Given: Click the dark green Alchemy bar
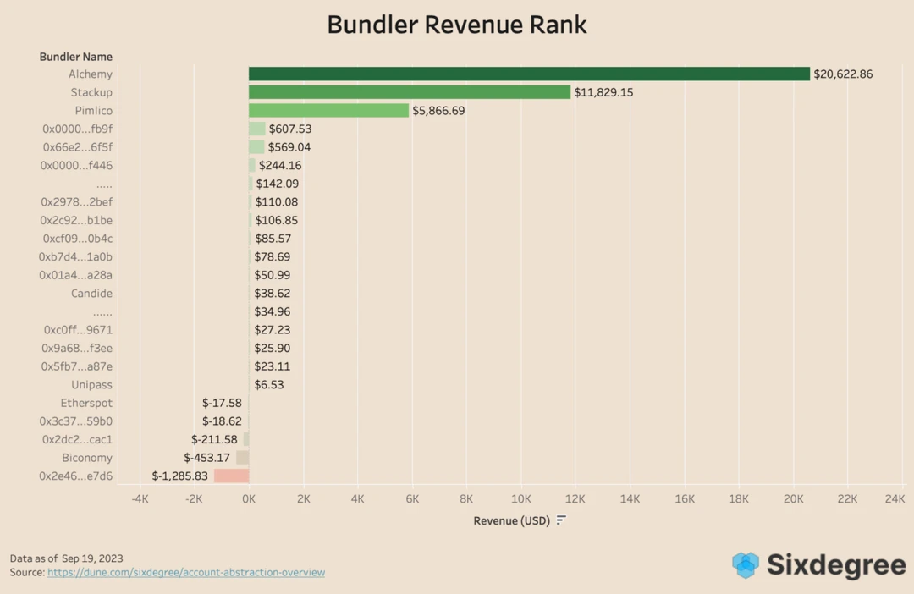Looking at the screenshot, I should point(529,74).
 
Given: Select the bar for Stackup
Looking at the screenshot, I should point(410,92).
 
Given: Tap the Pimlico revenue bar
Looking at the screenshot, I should point(328,111).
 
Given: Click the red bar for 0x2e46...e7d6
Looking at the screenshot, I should point(231,476).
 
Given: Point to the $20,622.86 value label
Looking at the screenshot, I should point(843,74).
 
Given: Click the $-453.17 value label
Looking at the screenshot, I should point(207,458).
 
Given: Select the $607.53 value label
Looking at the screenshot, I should point(289,129).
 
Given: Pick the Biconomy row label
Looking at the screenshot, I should point(87,458).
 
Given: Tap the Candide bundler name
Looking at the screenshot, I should point(91,294).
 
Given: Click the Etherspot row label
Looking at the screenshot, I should point(86,404).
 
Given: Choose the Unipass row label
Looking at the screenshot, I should point(91,385).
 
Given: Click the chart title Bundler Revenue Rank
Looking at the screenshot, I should point(457,25).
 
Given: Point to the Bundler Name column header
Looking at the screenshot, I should point(76,57).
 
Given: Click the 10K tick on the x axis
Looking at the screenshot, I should point(521,499).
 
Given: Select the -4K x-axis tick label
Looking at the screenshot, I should point(140,499).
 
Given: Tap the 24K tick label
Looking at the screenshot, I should point(895,499).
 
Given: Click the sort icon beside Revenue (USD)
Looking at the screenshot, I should point(561,520).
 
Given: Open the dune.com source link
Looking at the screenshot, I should point(186,573).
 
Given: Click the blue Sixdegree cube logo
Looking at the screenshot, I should point(746,564).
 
